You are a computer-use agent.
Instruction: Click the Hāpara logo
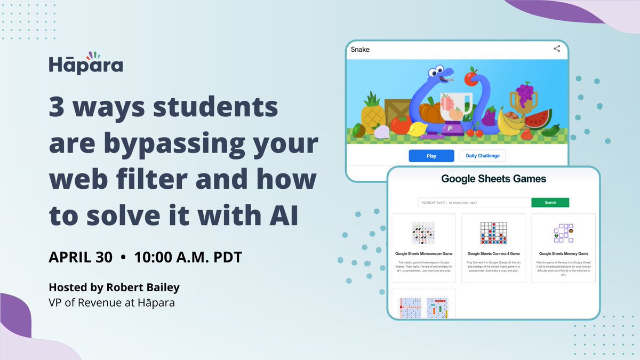(86, 63)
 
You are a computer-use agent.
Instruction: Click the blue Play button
(431, 156)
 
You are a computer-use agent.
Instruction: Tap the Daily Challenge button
(482, 156)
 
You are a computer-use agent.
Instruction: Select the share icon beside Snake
(556, 49)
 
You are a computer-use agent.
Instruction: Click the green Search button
(550, 203)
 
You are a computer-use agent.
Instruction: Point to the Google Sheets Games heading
(493, 179)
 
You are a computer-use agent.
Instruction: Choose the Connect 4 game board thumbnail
(493, 234)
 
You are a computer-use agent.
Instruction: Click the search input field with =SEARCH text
(474, 203)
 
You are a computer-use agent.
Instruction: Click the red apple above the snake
(470, 78)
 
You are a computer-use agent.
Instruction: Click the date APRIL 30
(81, 257)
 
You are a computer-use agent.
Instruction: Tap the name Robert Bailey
(149, 287)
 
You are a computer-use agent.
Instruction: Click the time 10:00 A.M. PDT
(188, 257)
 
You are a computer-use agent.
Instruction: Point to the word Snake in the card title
(360, 50)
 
